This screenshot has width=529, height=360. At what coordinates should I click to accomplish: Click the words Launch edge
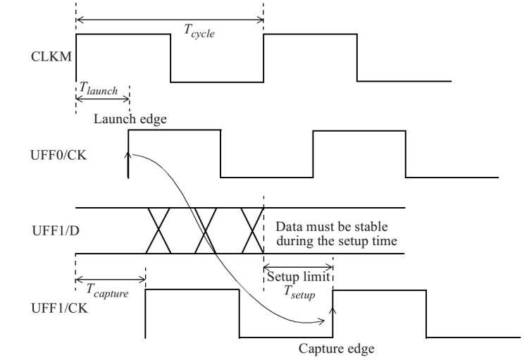[x=130, y=118]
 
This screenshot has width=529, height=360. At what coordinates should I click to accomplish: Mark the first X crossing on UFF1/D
[x=159, y=231]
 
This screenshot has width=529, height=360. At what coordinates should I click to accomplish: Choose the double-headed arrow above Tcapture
[x=109, y=280]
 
